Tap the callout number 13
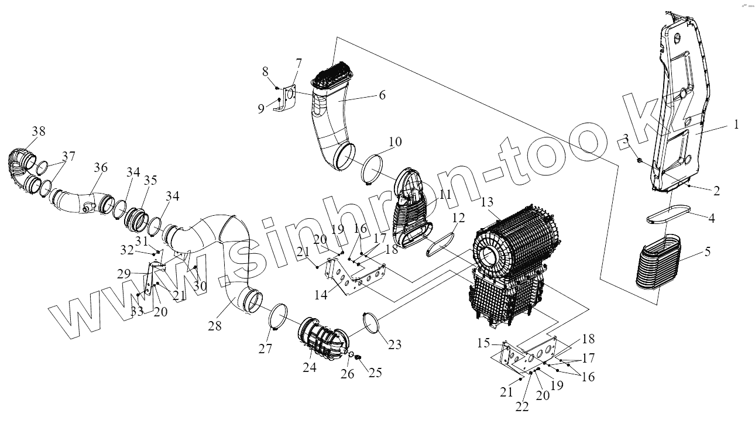pyautogui.click(x=488, y=202)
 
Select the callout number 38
pyautogui.click(x=39, y=131)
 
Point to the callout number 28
pyautogui.click(x=215, y=326)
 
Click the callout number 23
pyautogui.click(x=395, y=344)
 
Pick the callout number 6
pyautogui.click(x=382, y=94)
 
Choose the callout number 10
pyautogui.click(x=395, y=142)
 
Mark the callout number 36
pyautogui.click(x=101, y=168)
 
